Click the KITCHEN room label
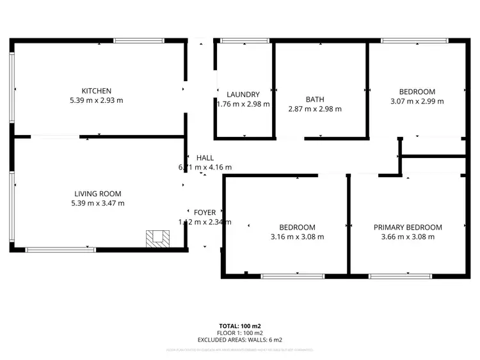[97, 91]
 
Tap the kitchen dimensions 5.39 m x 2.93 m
[97, 100]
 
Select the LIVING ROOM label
[98, 194]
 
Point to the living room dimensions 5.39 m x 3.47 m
[98, 203]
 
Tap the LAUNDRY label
[243, 95]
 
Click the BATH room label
[315, 99]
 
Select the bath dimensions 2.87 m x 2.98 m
[315, 109]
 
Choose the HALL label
[205, 158]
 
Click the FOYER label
[205, 212]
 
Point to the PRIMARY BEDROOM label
[408, 227]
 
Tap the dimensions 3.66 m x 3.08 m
[408, 237]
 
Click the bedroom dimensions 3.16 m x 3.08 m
[297, 237]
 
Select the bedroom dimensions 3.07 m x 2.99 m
[417, 100]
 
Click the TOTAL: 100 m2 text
[240, 325]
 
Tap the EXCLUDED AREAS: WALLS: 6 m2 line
[240, 340]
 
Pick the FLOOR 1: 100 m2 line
[240, 333]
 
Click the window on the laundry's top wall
[236, 41]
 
